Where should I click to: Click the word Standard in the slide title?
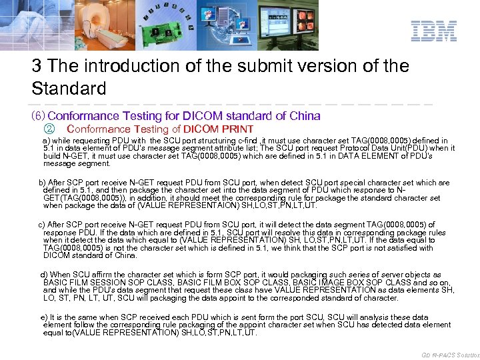click(x=69, y=88)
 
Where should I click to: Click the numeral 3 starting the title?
click(x=37, y=67)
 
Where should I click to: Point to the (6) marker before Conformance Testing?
click(x=38, y=116)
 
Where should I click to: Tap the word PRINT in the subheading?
click(x=238, y=129)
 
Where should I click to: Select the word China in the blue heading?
click(x=306, y=116)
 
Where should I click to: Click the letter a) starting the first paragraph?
click(x=46, y=141)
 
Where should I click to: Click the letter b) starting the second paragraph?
click(x=42, y=182)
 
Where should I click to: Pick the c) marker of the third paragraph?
click(x=42, y=225)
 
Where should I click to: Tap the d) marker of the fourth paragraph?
click(x=44, y=275)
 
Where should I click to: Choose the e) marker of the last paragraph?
click(x=44, y=317)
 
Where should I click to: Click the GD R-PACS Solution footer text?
click(x=450, y=354)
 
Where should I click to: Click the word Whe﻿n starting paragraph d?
click(x=60, y=275)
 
